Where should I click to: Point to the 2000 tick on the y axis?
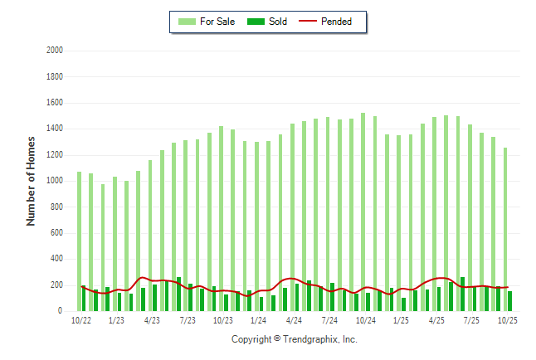[55, 51]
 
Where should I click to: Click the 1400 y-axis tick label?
[55, 129]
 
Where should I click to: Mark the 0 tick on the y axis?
[61, 311]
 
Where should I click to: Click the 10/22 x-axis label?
[80, 320]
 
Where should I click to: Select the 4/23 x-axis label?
[152, 320]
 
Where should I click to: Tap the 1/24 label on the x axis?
[258, 320]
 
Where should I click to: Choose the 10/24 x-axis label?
[365, 320]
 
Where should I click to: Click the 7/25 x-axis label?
[471, 320]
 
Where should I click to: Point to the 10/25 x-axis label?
[507, 320]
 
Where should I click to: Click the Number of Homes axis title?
[32, 181]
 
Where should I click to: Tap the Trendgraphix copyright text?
[294, 339]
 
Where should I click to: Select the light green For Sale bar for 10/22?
[79, 241]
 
